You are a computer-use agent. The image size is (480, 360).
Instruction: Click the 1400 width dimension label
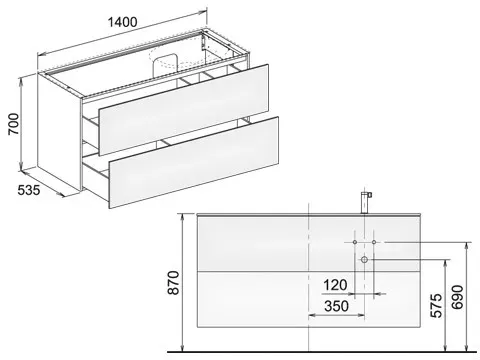122,22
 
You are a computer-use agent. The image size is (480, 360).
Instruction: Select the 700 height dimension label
14,124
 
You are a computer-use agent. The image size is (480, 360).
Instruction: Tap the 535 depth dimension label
29,190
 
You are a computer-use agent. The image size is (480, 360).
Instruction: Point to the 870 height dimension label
173,283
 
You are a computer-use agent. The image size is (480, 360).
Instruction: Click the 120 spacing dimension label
335,285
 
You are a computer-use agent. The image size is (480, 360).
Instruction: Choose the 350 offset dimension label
337,306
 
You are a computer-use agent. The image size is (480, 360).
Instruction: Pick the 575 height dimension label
437,305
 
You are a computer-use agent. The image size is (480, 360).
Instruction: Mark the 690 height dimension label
457,297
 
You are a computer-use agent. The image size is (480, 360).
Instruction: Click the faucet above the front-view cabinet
366,202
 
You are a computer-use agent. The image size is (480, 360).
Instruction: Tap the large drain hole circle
364,259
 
